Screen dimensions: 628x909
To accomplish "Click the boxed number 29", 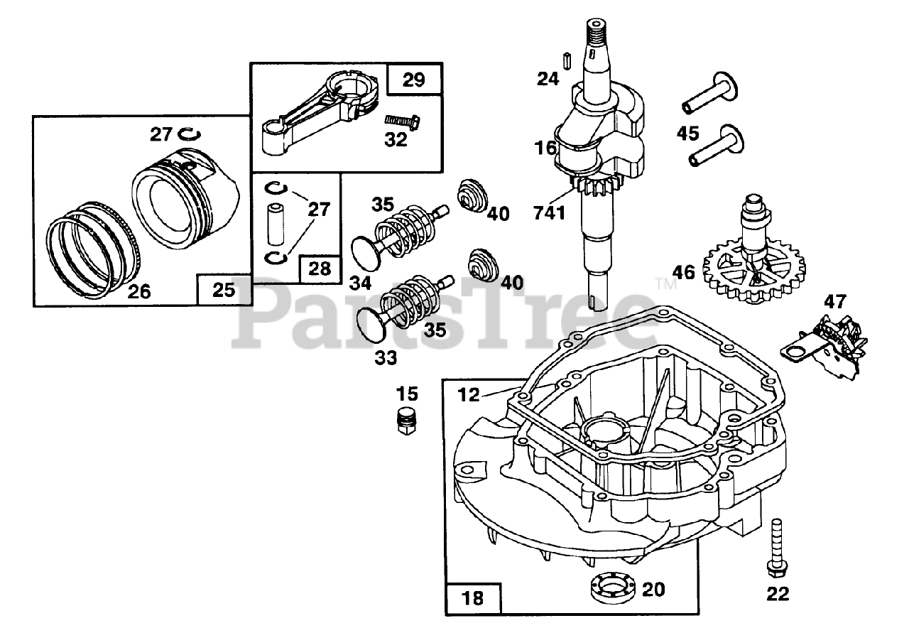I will click(x=414, y=79).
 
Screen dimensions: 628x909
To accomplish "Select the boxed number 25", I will click(x=223, y=290).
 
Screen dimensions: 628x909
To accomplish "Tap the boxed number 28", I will click(x=320, y=268).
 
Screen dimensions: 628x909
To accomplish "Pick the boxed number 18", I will click(x=473, y=597).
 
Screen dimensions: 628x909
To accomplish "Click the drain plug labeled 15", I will click(x=406, y=422).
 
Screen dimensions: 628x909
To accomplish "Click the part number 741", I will click(x=550, y=211).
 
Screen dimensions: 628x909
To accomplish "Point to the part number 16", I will click(x=545, y=148).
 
